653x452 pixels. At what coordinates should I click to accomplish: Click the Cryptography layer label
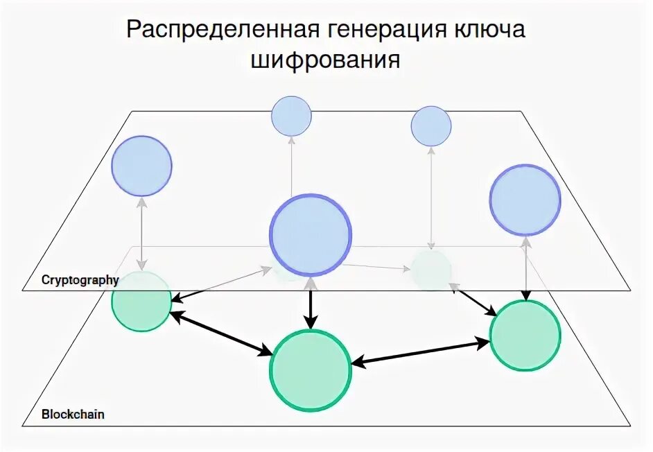click(x=80, y=280)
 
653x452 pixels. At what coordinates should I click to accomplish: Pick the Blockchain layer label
click(x=73, y=415)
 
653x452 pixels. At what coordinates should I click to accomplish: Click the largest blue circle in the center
click(x=311, y=234)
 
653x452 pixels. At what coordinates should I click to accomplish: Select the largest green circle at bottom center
click(x=311, y=370)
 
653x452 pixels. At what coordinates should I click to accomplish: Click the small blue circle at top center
click(x=291, y=116)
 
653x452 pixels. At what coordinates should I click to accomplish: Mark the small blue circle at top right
click(x=431, y=126)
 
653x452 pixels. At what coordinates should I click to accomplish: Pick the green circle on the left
click(x=141, y=301)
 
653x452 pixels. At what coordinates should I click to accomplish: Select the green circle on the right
click(x=525, y=336)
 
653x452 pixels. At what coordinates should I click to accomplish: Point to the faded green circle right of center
click(x=431, y=268)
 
